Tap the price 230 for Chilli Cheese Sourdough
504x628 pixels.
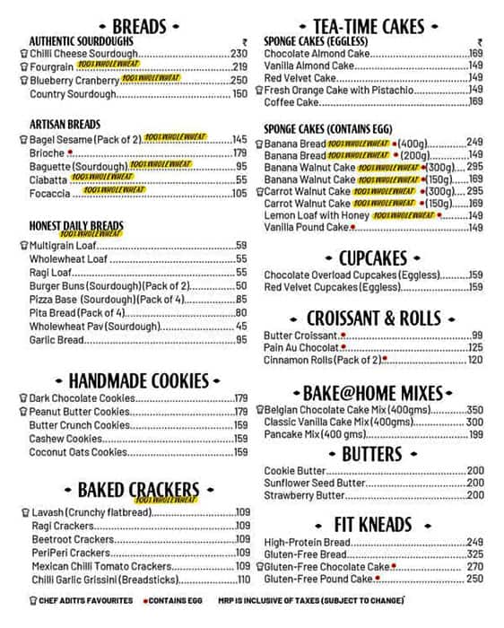click(x=239, y=54)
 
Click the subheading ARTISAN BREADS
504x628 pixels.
click(x=65, y=124)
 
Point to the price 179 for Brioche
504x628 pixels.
click(x=239, y=153)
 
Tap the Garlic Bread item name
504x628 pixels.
click(x=56, y=340)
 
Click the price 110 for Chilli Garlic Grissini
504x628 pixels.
click(x=242, y=580)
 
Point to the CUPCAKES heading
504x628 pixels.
click(x=373, y=258)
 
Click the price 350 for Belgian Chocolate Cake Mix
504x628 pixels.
click(x=474, y=409)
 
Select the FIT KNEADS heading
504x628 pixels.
click(x=372, y=523)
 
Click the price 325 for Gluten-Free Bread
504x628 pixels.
click(x=474, y=554)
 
